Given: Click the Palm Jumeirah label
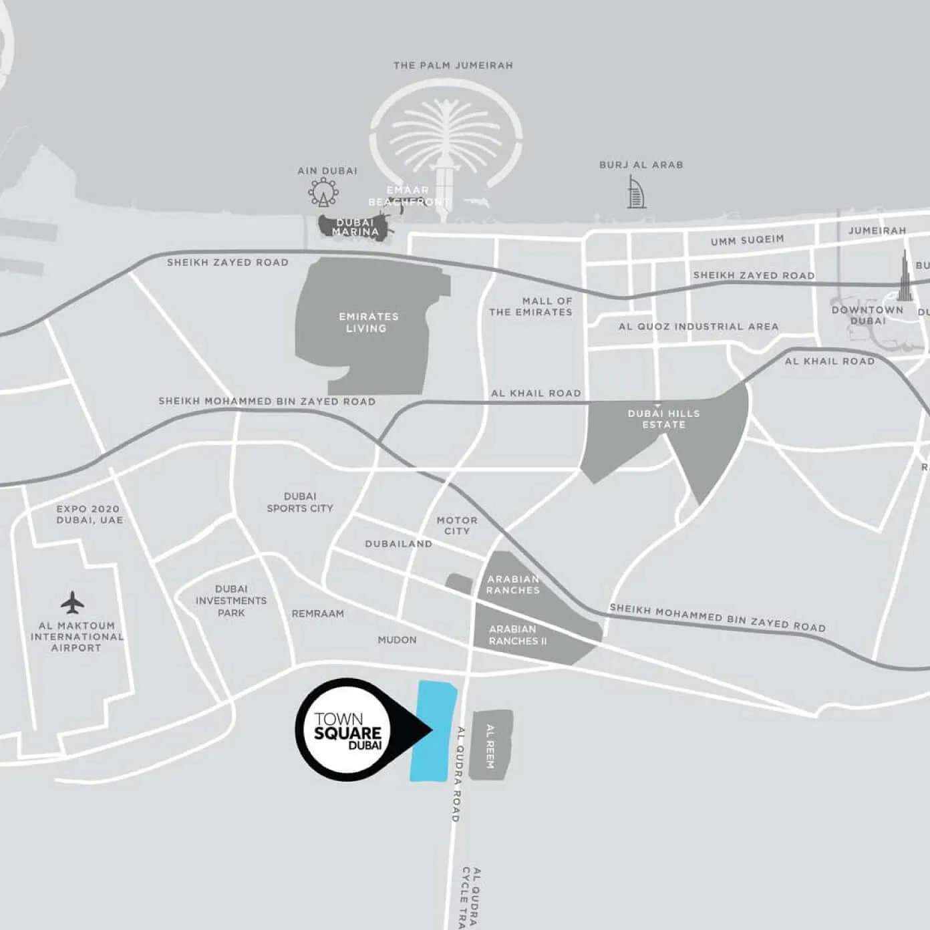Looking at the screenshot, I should click(453, 65).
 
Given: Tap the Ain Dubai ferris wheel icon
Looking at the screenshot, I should click(323, 192).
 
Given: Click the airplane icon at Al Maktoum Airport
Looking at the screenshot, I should click(72, 602).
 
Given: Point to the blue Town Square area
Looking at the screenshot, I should click(433, 731).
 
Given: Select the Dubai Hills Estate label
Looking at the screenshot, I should click(663, 419).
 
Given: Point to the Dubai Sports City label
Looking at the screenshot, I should click(300, 502).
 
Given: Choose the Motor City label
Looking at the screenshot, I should click(457, 525).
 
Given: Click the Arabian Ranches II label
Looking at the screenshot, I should click(518, 635).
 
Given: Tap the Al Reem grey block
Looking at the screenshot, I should click(490, 744).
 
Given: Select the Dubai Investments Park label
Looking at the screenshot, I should click(231, 601).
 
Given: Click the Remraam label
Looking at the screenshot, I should click(318, 613).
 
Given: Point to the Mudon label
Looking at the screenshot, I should click(397, 640).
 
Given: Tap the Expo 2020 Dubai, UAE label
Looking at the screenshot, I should click(90, 514).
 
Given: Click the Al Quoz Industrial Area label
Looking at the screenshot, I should click(698, 327).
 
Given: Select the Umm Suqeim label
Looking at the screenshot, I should click(747, 240).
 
